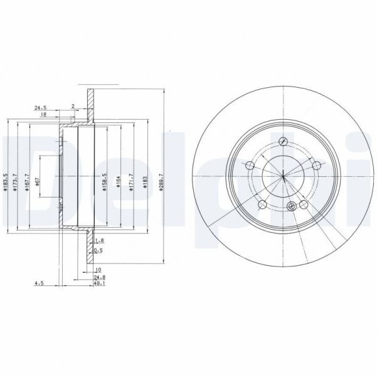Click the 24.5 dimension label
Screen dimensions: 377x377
(x=41, y=107)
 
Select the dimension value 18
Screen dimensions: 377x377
(x=43, y=115)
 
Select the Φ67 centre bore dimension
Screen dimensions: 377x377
(x=38, y=183)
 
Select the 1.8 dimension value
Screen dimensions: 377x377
(x=98, y=240)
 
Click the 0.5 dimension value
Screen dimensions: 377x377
(x=98, y=250)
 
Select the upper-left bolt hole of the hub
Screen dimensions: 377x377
(x=250, y=166)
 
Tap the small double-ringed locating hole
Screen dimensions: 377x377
(x=290, y=207)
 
